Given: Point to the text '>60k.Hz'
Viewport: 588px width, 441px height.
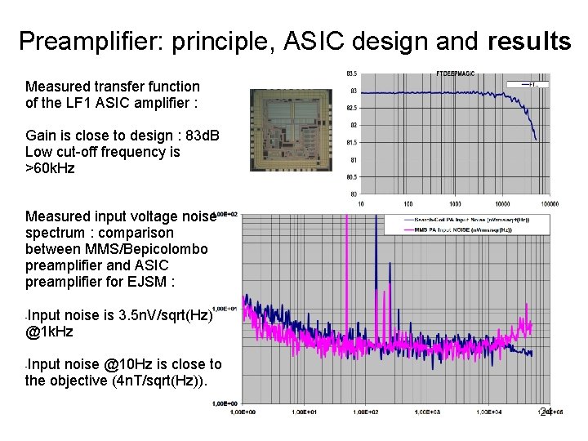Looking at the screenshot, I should [50, 168].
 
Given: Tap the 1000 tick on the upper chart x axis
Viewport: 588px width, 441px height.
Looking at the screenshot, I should [455, 203].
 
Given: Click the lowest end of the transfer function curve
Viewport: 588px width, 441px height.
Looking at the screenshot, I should [535, 138].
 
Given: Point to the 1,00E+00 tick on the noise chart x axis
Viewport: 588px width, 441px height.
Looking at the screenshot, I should [244, 412].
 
